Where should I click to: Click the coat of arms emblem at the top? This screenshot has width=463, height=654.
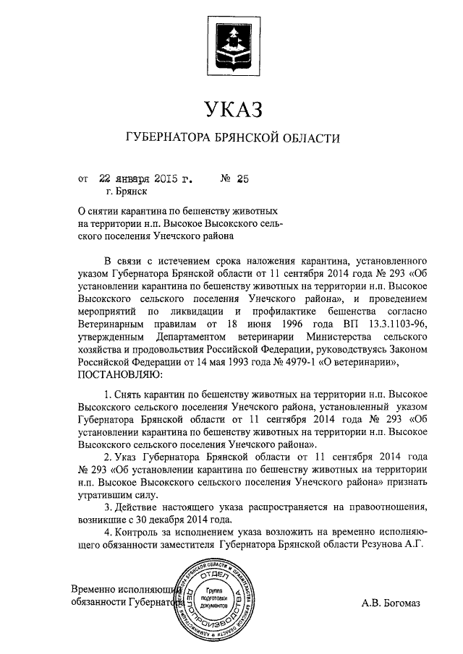[x=231, y=43]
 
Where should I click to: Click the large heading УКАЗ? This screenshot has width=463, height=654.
[x=231, y=110]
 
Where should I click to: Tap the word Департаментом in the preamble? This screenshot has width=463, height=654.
[x=194, y=338]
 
